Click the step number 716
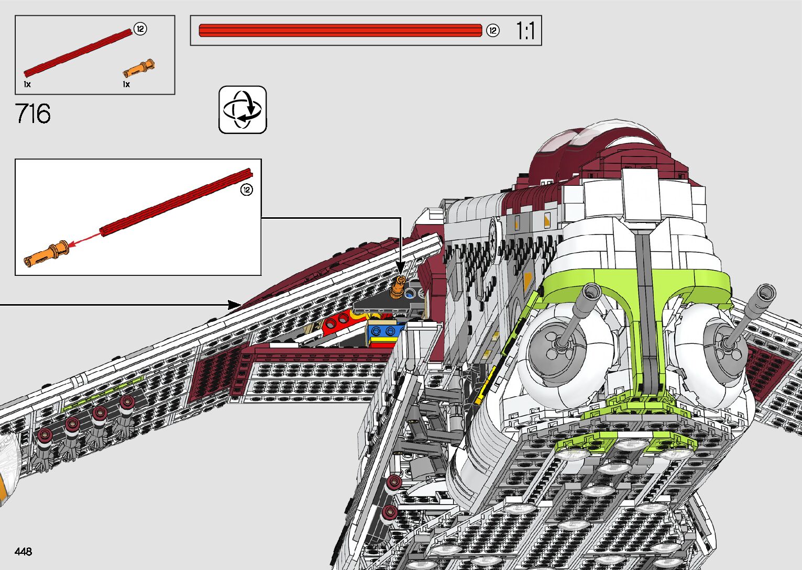(33, 114)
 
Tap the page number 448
(24, 552)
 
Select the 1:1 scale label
(525, 31)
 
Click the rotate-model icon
(243, 110)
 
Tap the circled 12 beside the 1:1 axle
(492, 31)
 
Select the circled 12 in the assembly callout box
(246, 189)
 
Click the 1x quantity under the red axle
(27, 84)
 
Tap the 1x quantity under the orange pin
(126, 84)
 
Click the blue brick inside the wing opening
(385, 331)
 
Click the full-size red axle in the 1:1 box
(340, 31)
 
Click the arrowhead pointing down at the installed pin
(401, 270)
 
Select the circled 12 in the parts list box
(140, 29)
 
